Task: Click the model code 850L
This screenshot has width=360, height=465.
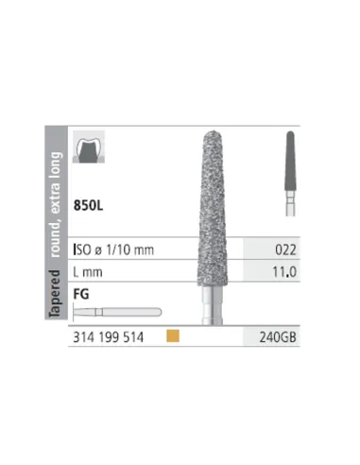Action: coord(88,205)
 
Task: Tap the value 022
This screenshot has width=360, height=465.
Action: coord(285,250)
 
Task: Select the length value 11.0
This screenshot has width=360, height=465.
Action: coord(284,272)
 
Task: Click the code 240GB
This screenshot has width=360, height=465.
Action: coord(278,337)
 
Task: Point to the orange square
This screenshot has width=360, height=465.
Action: coord(173,336)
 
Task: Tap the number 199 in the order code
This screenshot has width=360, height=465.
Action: coord(109,337)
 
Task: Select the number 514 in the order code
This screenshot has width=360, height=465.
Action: coord(133,337)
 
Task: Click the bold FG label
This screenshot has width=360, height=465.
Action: coord(81,294)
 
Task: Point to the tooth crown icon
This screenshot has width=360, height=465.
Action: coord(89,146)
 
